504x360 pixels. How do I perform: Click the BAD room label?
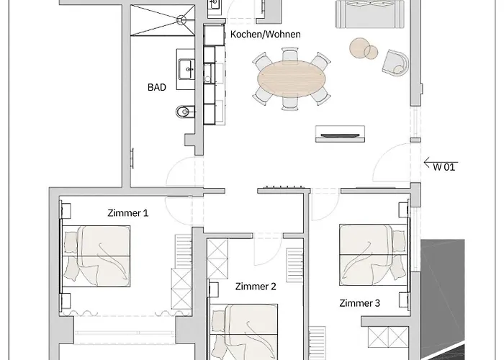click(157, 87)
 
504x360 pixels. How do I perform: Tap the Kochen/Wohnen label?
click(265, 35)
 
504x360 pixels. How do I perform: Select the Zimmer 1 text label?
click(127, 213)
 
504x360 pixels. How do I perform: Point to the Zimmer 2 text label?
click(256, 287)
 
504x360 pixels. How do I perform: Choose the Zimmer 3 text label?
click(359, 303)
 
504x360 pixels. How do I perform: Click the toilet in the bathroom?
click(184, 112)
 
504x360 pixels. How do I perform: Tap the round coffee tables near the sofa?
click(364, 49)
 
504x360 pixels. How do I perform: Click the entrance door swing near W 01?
click(394, 162)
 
